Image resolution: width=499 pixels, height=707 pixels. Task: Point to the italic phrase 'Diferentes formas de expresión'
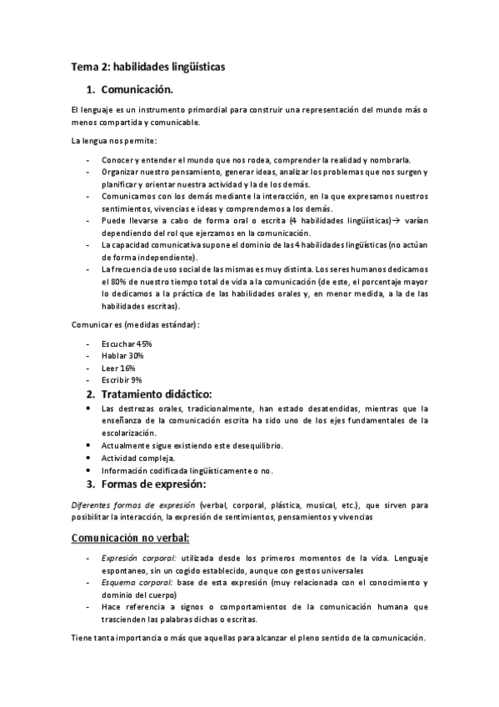[x=133, y=505]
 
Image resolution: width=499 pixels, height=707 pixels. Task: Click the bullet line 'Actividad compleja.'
[x=137, y=458]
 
